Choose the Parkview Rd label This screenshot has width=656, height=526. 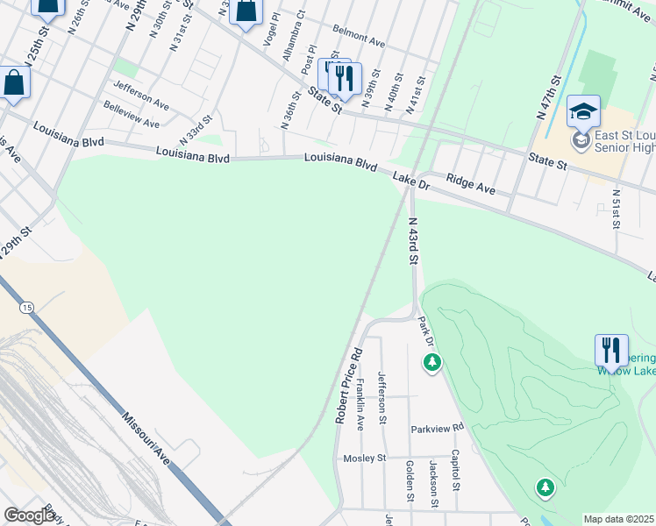437,429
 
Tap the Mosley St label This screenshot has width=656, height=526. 365,458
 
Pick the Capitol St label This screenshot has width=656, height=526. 455,470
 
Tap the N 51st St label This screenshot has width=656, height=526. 617,209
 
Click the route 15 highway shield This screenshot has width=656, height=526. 28,307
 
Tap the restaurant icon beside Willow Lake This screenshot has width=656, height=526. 611,350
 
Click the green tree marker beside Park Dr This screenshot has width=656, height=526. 431,361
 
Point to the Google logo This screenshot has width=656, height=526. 30,515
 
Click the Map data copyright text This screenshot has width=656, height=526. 619,519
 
